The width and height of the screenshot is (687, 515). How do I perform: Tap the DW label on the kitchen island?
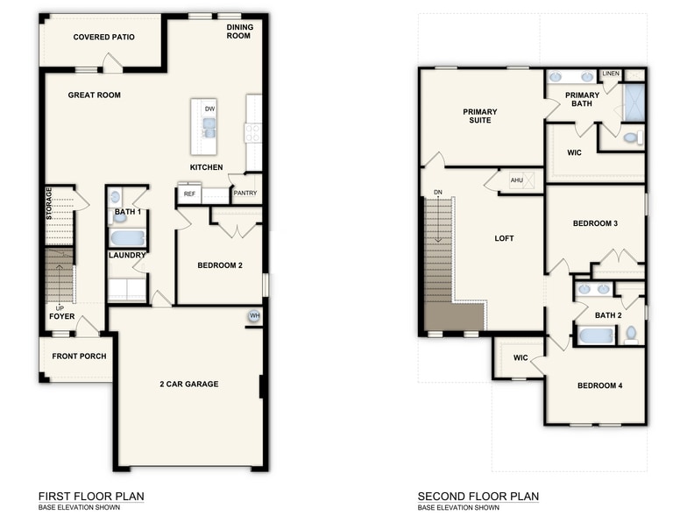209,109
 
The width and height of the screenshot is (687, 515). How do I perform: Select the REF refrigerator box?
189,194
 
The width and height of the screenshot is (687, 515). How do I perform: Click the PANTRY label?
244,194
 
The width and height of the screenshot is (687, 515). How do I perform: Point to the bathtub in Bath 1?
128,237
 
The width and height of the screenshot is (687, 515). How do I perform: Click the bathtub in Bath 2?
597,335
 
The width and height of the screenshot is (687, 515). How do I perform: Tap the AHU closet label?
516,180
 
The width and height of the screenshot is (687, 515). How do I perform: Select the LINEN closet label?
610,74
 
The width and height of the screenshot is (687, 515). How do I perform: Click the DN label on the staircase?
437,194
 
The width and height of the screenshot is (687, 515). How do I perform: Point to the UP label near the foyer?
59,308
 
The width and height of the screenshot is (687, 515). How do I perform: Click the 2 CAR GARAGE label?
188,384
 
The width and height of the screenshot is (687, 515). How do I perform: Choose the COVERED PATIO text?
103,37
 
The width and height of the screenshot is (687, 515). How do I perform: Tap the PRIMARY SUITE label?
480,116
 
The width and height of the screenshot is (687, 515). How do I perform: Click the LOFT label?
504,238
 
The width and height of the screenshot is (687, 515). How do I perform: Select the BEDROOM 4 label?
599,385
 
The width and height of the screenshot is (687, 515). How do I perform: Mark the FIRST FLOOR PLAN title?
92,496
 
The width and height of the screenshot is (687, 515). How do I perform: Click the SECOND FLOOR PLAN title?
478,496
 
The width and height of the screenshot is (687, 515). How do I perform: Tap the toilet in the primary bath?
630,138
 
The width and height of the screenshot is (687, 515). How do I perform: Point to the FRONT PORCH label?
79,356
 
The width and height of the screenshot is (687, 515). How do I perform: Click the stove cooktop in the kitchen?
254,132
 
